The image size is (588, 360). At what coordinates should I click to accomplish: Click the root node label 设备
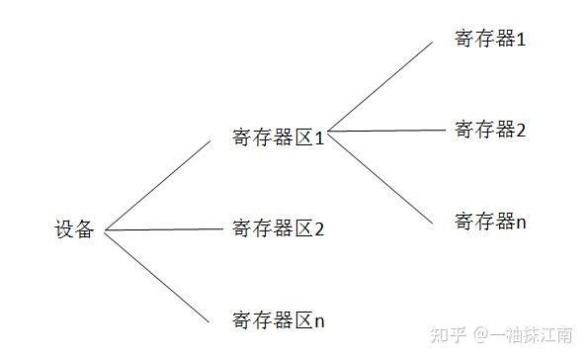pyautogui.click(x=74, y=230)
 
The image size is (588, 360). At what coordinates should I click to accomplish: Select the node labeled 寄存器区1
pyautogui.click(x=279, y=138)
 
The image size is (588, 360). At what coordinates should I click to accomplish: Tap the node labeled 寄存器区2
pyautogui.click(x=279, y=229)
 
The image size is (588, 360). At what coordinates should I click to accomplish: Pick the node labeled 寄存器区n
pyautogui.click(x=279, y=319)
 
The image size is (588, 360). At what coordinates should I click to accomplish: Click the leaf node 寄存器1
pyautogui.click(x=489, y=40)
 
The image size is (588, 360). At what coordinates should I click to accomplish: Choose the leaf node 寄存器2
pyautogui.click(x=489, y=129)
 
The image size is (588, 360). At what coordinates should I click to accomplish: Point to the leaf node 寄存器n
pyautogui.click(x=489, y=220)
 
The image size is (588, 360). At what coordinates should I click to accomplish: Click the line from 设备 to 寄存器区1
pyautogui.click(x=158, y=184)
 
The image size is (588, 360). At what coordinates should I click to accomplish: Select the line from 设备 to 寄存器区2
pyautogui.click(x=163, y=230)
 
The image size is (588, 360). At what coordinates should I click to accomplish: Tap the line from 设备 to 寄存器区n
pyautogui.click(x=158, y=277)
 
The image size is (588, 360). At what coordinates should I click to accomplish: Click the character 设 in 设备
pyautogui.click(x=64, y=230)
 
